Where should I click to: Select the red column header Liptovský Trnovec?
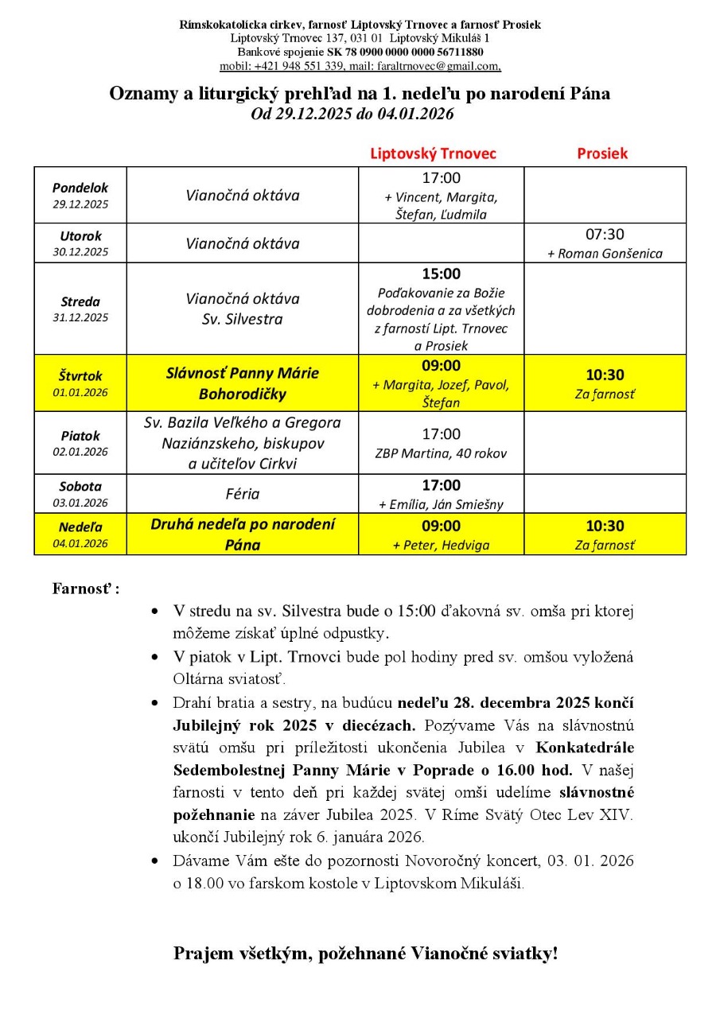coord(433,153)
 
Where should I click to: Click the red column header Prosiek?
coord(602,153)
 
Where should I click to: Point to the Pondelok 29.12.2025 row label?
coord(80,196)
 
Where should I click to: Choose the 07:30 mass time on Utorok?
coord(605,235)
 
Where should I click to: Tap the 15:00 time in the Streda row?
coord(441,274)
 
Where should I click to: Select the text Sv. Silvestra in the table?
coord(243,320)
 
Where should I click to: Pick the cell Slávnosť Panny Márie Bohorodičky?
coord(243,383)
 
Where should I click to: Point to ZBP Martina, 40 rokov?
coord(441,454)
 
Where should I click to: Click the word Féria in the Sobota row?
coord(243,494)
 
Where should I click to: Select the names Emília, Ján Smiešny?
coord(446,504)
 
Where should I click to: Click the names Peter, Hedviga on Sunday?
coord(446,546)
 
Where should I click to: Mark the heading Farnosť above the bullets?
coord(86,589)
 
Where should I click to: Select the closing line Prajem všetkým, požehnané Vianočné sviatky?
coord(365,954)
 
